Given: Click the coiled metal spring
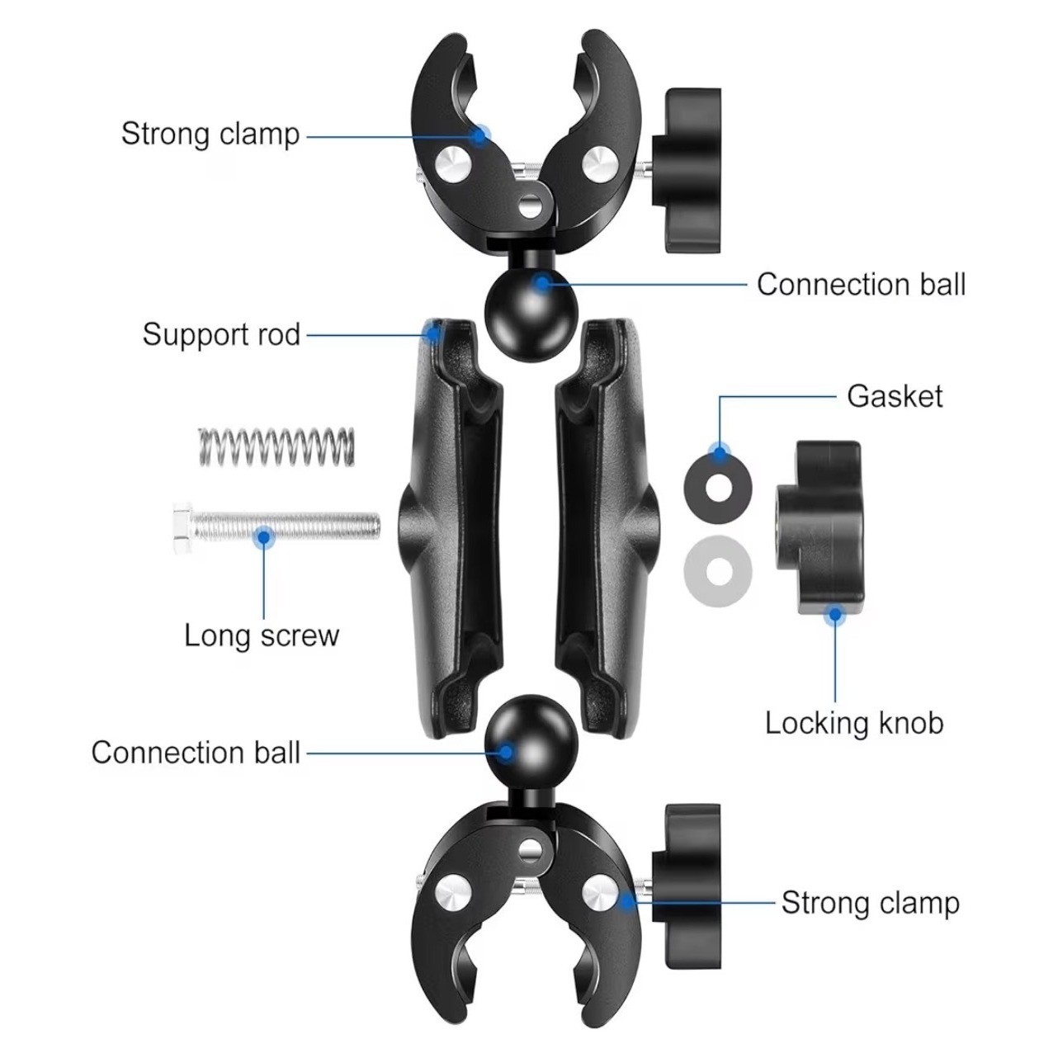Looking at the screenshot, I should [x=276, y=446].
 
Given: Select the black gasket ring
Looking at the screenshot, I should [x=718, y=485].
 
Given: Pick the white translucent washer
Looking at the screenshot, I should [x=717, y=569].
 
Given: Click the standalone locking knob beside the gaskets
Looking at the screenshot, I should [x=816, y=527].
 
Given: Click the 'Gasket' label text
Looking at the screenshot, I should [x=895, y=396].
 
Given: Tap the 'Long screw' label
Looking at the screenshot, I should [x=262, y=635].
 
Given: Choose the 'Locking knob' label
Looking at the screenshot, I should [x=853, y=723].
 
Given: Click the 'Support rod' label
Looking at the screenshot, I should [x=221, y=334].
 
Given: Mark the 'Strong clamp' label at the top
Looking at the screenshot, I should [x=210, y=134].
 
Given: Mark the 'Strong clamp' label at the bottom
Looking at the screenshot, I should [x=870, y=902].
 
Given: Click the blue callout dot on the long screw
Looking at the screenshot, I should [x=264, y=537].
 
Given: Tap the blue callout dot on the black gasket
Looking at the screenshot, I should [x=720, y=452].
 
